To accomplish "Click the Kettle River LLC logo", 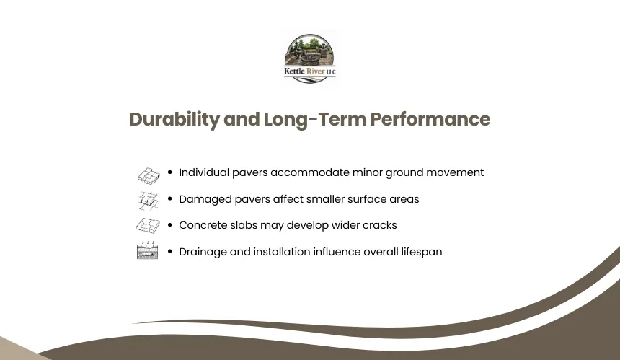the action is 309,58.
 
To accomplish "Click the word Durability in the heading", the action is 174,120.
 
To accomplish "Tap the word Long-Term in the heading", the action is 315,120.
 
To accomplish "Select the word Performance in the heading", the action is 430,119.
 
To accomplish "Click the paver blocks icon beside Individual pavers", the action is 149,175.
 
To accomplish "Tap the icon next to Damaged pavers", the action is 149,201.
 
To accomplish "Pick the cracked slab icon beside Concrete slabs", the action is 148,226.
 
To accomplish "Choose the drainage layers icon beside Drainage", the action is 148,250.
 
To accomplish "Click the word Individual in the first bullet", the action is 204,172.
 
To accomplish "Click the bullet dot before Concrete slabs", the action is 170,224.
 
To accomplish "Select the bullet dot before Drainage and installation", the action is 170,251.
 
